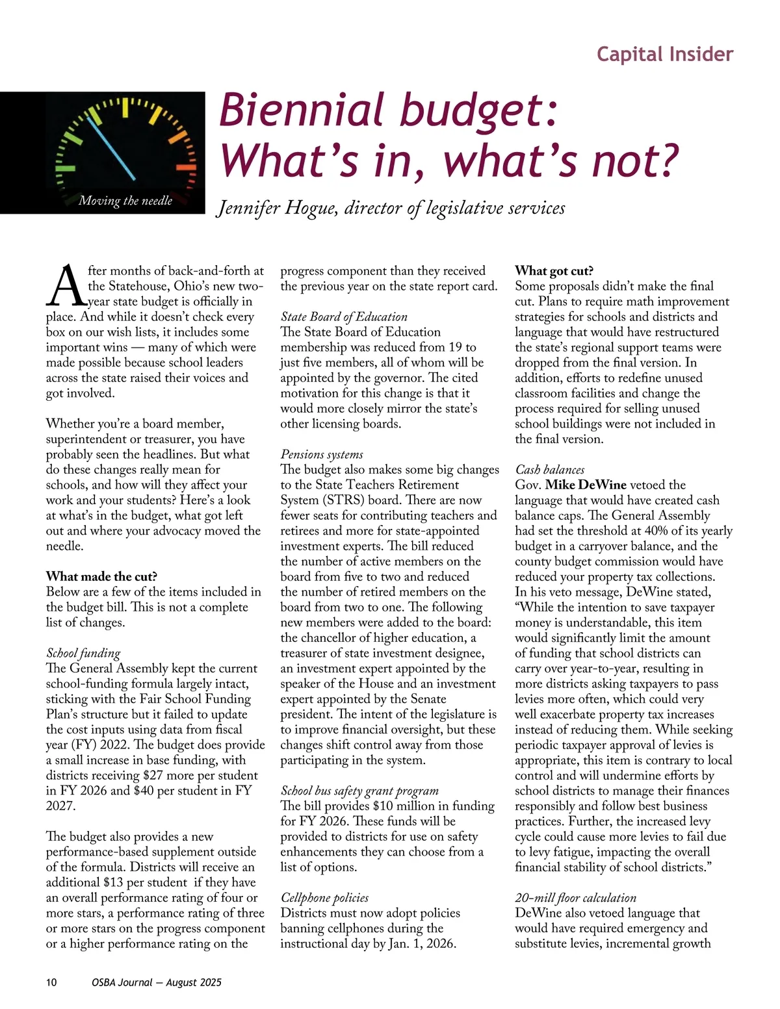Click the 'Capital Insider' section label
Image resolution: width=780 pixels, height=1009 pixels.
(664, 54)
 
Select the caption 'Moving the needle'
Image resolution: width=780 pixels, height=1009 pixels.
(125, 201)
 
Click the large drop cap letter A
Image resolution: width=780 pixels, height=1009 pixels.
(65, 286)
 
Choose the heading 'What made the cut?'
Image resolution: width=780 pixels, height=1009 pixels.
(101, 576)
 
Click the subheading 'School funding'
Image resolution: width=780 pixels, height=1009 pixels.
(83, 653)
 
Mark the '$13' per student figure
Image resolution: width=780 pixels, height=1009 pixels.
(114, 882)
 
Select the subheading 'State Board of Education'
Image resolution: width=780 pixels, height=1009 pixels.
(344, 317)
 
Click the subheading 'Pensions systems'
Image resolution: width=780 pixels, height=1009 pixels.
(322, 454)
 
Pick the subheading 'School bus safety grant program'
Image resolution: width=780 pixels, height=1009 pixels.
(359, 791)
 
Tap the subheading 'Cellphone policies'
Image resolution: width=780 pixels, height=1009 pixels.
(324, 898)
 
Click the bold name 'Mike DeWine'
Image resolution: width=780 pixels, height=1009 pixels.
(586, 485)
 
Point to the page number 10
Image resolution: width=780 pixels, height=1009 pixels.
(51, 982)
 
